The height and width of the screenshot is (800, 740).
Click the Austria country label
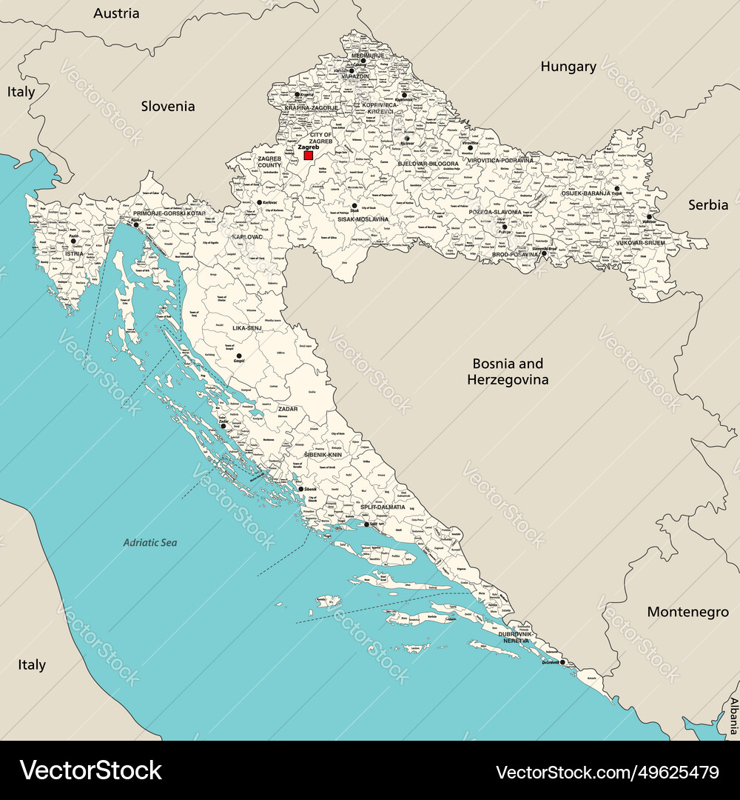pyautogui.click(x=116, y=13)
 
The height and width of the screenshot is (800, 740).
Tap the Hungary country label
pyautogui.click(x=568, y=67)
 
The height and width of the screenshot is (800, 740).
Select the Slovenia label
pyautogui.click(x=168, y=106)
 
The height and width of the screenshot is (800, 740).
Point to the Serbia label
pyautogui.click(x=708, y=204)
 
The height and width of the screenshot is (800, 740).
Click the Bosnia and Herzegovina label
pyautogui.click(x=508, y=371)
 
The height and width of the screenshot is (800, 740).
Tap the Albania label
pyautogui.click(x=733, y=714)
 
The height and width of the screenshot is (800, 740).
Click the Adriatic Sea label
pyautogui.click(x=150, y=543)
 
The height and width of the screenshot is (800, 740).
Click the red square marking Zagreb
pyautogui.click(x=309, y=156)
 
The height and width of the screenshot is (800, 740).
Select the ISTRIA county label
pyautogui.click(x=74, y=253)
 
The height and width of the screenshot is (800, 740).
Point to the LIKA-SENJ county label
pyautogui.click(x=247, y=327)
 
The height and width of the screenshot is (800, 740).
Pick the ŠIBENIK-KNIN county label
pyautogui.click(x=323, y=455)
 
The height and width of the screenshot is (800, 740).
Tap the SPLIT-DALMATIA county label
pyautogui.click(x=383, y=507)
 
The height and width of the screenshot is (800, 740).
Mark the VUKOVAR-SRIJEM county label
pyautogui.click(x=640, y=242)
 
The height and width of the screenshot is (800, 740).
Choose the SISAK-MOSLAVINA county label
pyautogui.click(x=363, y=219)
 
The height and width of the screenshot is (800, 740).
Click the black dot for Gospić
pyautogui.click(x=238, y=356)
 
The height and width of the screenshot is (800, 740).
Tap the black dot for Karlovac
pyautogui.click(x=259, y=202)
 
